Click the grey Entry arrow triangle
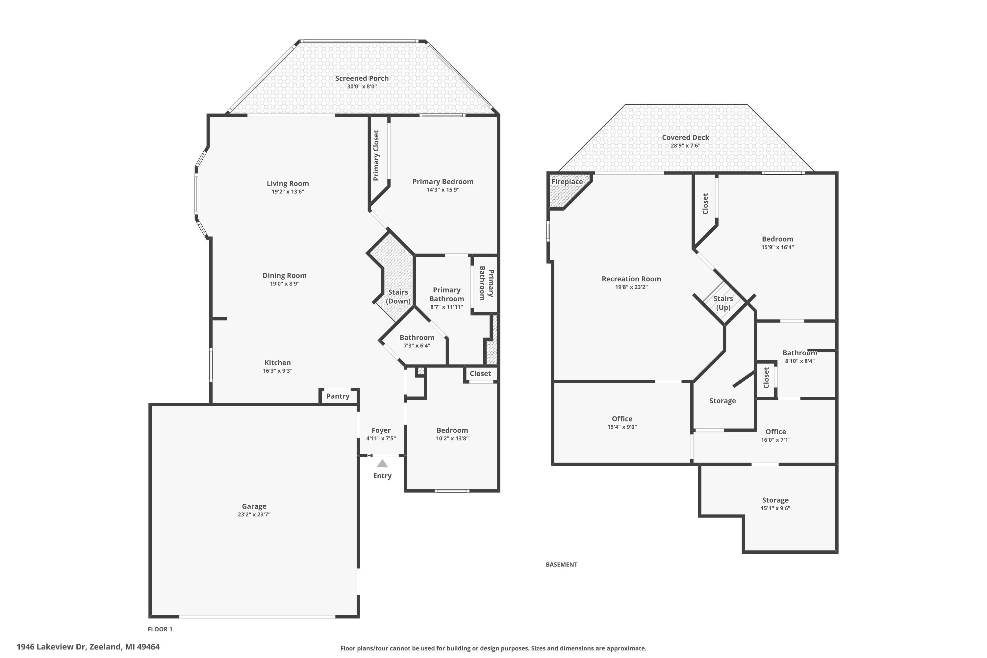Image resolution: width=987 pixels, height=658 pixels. [x=382, y=464]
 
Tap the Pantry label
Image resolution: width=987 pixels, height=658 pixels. [x=338, y=396]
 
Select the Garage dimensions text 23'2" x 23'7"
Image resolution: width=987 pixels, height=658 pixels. [x=254, y=515]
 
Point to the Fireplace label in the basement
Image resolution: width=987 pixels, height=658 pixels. [x=567, y=182]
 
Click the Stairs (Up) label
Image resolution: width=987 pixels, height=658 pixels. [x=723, y=303]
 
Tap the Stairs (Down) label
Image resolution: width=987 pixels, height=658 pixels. [x=398, y=296]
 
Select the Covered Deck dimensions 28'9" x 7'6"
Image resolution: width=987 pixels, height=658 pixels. [x=685, y=146]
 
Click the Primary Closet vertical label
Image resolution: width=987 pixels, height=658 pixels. [x=376, y=155]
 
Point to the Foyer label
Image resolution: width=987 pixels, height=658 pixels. [x=381, y=430]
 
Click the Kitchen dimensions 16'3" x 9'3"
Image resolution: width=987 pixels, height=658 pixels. [x=277, y=370]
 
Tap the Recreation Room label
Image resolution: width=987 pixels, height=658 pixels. [x=631, y=279]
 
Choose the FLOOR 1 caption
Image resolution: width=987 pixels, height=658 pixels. [x=160, y=629]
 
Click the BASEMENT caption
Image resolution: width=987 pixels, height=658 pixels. [x=562, y=565]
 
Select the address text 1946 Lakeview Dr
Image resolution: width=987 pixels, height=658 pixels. [x=51, y=647]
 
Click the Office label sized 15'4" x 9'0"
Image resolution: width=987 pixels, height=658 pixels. [x=622, y=419]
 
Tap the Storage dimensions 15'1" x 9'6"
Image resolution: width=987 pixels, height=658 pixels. [x=775, y=508]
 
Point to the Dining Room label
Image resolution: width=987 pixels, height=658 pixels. [x=285, y=275]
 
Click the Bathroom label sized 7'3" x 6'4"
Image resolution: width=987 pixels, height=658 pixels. [x=417, y=338]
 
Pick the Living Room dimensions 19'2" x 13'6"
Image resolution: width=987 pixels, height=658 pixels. [x=288, y=191]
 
